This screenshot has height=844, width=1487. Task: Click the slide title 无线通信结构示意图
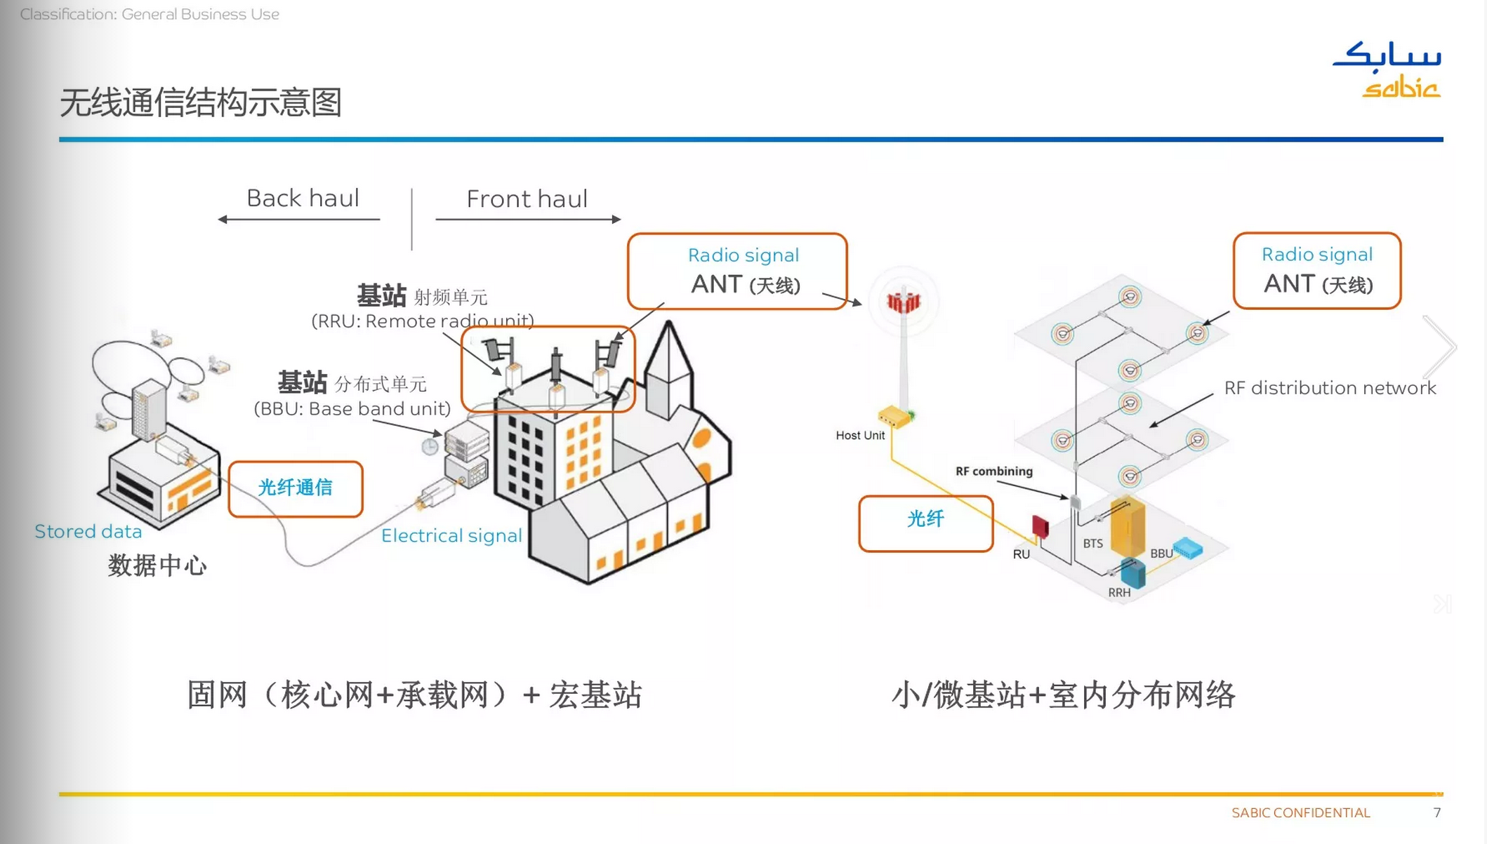pyautogui.click(x=201, y=102)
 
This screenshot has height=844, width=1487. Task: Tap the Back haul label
pyautogui.click(x=303, y=199)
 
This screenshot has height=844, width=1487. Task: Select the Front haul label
pyautogui.click(x=527, y=199)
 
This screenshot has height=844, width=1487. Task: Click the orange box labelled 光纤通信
pyautogui.click(x=296, y=488)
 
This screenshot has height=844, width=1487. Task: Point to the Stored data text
pyautogui.click(x=88, y=532)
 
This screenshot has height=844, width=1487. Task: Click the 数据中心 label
pyautogui.click(x=157, y=565)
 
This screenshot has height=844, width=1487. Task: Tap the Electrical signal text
pyautogui.click(x=451, y=536)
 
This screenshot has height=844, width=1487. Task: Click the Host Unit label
pyautogui.click(x=860, y=436)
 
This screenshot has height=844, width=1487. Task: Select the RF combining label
pyautogui.click(x=993, y=471)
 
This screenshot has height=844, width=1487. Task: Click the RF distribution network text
pyautogui.click(x=1330, y=388)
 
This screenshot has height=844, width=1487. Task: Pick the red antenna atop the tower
pyautogui.click(x=903, y=302)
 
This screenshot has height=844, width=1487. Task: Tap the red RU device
pyautogui.click(x=1040, y=525)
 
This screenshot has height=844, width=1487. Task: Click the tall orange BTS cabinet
pyautogui.click(x=1128, y=527)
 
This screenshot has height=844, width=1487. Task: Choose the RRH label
pyautogui.click(x=1119, y=593)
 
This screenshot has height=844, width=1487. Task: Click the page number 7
pyautogui.click(x=1437, y=812)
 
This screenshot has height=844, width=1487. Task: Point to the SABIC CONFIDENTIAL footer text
pyautogui.click(x=1300, y=813)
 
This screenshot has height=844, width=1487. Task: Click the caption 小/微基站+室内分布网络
pyautogui.click(x=1063, y=695)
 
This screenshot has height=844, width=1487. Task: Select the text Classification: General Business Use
pyautogui.click(x=150, y=14)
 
